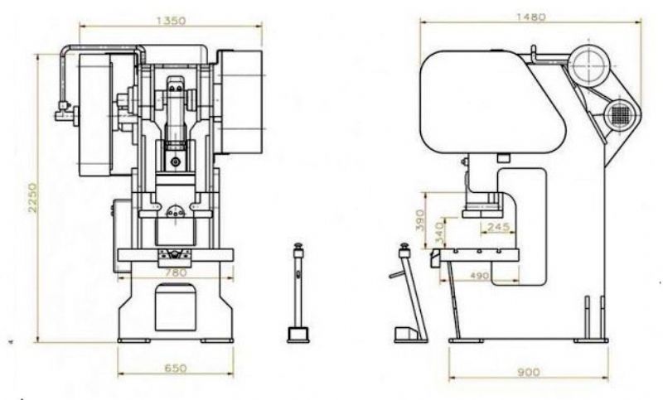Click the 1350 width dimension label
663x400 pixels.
click(172, 20)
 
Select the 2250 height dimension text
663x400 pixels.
click(32, 198)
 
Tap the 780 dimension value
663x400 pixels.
click(176, 272)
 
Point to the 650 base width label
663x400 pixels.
click(175, 368)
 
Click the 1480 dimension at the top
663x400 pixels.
click(531, 17)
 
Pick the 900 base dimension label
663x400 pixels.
click(529, 372)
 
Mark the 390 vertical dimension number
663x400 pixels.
click(419, 219)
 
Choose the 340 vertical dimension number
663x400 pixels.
click(439, 234)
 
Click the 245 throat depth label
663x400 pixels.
click(499, 227)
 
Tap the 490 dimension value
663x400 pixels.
click(480, 276)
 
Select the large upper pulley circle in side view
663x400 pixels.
click(590, 65)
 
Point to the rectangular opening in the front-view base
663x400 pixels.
click(176, 307)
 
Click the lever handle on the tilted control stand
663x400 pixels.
click(397, 275)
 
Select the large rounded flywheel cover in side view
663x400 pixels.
click(493, 102)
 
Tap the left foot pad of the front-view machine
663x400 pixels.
click(134, 340)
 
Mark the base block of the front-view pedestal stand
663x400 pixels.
click(298, 335)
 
